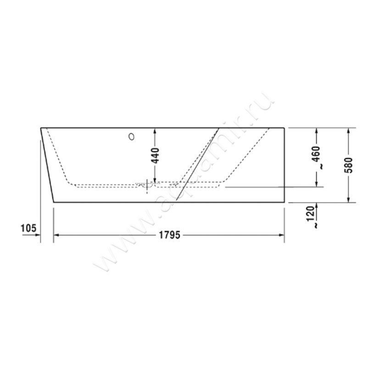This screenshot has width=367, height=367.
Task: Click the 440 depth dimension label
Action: (x=155, y=156)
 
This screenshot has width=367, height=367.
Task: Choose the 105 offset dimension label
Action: (x=28, y=228)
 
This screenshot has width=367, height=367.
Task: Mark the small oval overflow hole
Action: (x=133, y=136)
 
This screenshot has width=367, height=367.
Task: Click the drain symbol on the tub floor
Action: (x=147, y=185)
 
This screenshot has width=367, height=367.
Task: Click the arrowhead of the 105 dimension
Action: (x=38, y=235)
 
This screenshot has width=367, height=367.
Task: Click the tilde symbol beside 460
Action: (x=321, y=167)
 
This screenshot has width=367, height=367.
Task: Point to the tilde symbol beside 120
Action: (x=316, y=226)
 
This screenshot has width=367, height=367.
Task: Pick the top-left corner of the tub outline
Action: (x=41, y=128)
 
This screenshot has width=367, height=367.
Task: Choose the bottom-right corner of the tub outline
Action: (x=284, y=202)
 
